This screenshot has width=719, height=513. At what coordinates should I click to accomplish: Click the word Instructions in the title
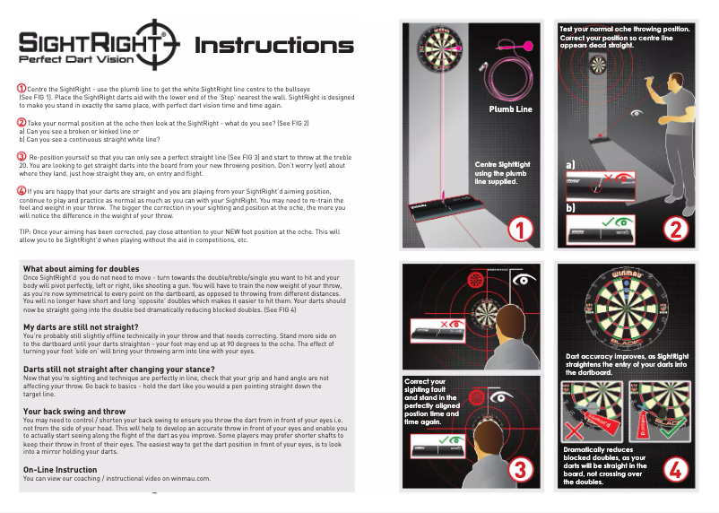click(x=273, y=46)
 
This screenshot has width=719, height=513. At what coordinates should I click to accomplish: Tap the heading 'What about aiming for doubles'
click(x=81, y=269)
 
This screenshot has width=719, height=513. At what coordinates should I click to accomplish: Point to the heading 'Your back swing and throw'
click(x=74, y=411)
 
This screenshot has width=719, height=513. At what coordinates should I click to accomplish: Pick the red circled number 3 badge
click(x=520, y=468)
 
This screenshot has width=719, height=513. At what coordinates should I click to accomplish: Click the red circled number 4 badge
click(x=674, y=468)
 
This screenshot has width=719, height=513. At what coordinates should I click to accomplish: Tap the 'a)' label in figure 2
click(x=571, y=166)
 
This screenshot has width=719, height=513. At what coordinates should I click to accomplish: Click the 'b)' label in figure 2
click(x=571, y=208)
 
